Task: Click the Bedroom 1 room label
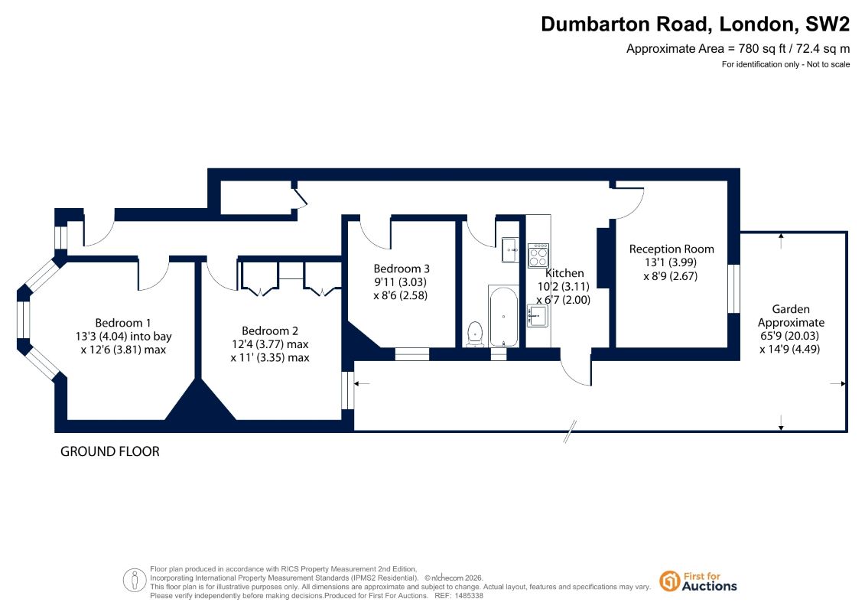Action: (x=123, y=323)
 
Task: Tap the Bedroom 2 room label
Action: (x=270, y=331)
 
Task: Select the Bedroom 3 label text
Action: (x=401, y=269)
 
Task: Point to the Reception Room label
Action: (x=672, y=249)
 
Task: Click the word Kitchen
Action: (x=564, y=272)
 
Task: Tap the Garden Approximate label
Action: (x=791, y=316)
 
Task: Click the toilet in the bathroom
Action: (x=474, y=334)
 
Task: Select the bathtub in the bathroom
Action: (x=503, y=316)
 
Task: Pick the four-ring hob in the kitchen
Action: (x=538, y=256)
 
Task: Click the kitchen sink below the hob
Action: (x=538, y=316)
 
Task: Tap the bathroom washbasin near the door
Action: (x=509, y=250)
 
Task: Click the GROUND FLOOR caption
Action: (x=110, y=451)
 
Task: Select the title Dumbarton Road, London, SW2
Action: (x=695, y=24)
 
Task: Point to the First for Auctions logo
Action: (x=698, y=581)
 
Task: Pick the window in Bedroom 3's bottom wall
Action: (x=412, y=353)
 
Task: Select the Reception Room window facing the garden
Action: (x=733, y=288)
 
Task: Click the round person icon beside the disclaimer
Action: (x=135, y=581)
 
